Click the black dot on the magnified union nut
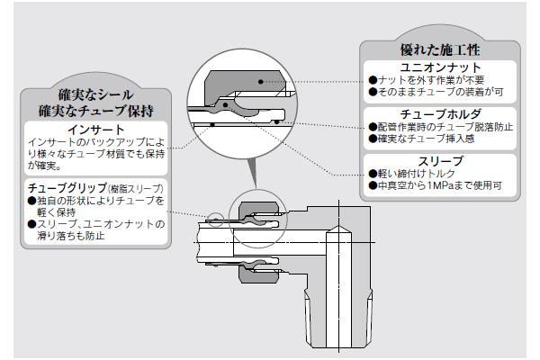click(260, 82)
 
